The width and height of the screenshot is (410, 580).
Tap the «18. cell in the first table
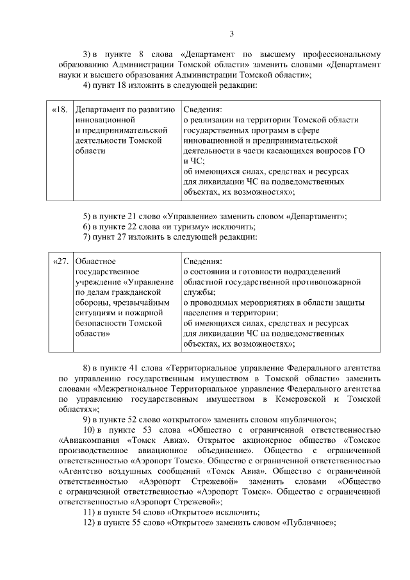(x=60, y=110)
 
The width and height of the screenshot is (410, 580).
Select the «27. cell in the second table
(x=60, y=261)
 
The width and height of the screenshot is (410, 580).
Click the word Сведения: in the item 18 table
(x=202, y=110)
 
